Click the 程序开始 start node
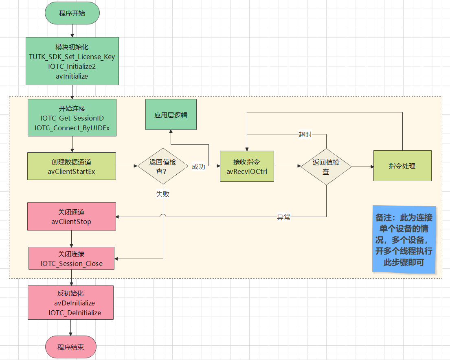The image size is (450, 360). point(72,13)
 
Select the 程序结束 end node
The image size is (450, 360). point(71,347)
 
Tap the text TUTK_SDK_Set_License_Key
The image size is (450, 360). point(72,57)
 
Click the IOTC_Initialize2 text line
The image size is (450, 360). point(72,66)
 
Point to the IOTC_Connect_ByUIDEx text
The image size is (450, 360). point(72,128)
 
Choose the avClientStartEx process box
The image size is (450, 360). point(72,166)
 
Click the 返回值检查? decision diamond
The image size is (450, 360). point(163,166)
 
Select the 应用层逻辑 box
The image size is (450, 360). point(171,114)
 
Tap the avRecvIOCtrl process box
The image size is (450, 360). point(247,166)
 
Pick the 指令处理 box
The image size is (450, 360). point(402,166)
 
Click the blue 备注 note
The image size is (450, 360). point(404,239)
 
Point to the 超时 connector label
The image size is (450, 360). point(305,134)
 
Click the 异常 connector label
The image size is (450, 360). point(284,217)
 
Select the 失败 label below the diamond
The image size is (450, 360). point(162,194)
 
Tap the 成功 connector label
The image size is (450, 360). point(198,167)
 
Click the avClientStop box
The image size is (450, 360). point(72,216)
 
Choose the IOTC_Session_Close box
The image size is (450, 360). point(71,258)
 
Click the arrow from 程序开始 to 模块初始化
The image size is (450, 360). point(72,30)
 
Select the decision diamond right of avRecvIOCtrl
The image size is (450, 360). point(326,166)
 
